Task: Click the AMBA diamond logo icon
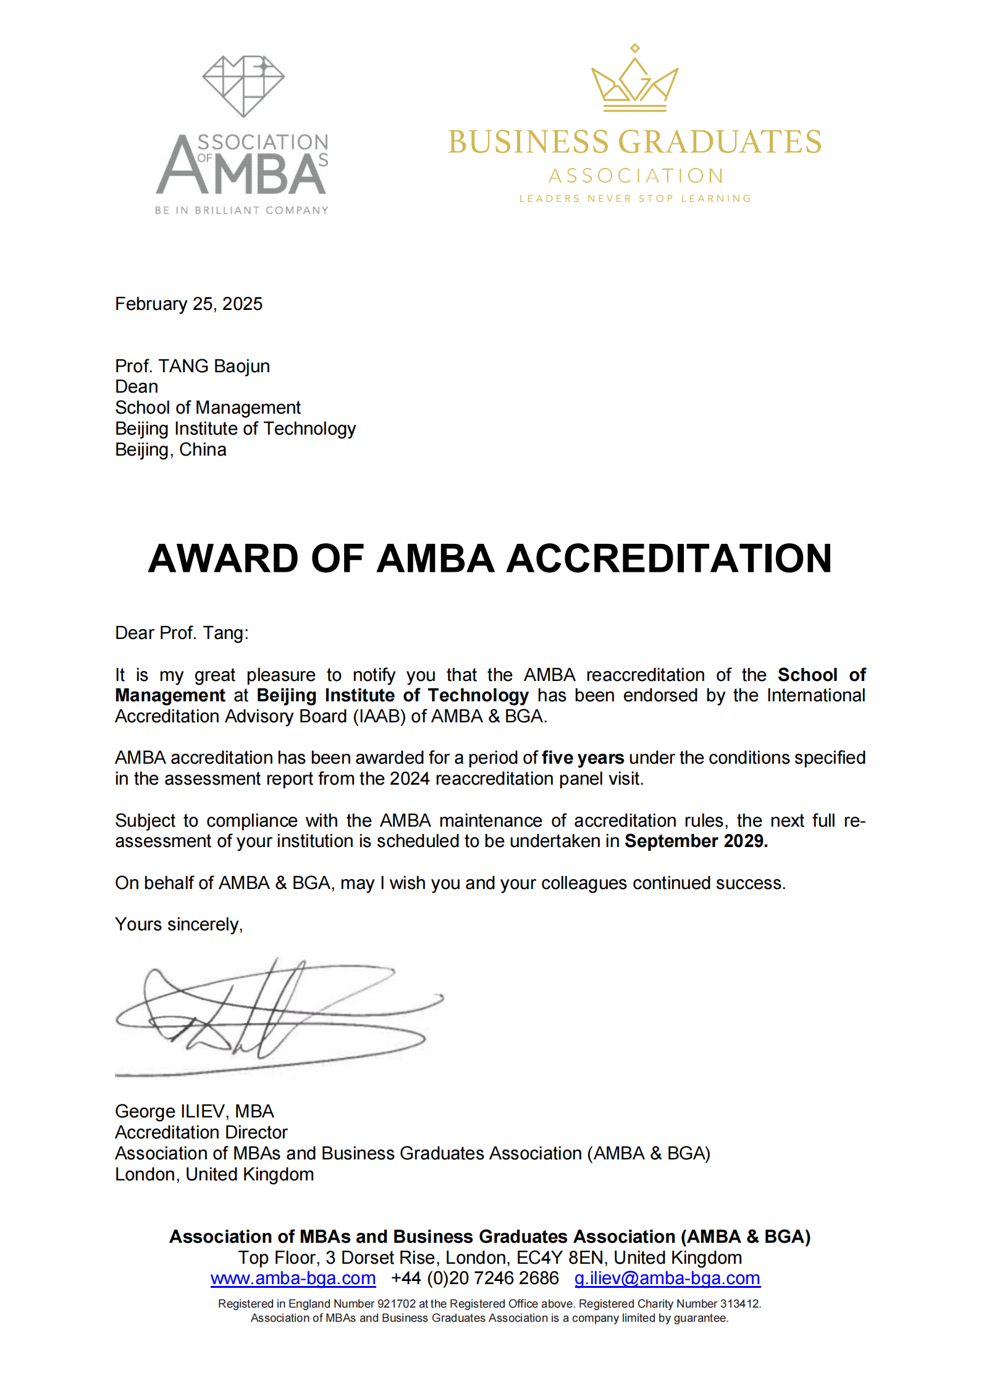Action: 243,86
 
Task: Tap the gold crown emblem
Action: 634,80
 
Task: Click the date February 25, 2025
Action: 188,304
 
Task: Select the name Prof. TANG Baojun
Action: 192,366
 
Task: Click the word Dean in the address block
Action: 137,387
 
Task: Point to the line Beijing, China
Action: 171,450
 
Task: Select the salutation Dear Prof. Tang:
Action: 182,633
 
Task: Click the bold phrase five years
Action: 583,758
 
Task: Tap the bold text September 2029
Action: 696,841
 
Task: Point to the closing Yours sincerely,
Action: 179,925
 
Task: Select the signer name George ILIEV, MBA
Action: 194,1112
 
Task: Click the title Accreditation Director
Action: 201,1133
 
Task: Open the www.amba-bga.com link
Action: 293,1279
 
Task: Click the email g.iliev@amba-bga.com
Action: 667,1279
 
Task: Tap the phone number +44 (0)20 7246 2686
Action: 474,1279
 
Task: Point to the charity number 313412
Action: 739,1304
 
